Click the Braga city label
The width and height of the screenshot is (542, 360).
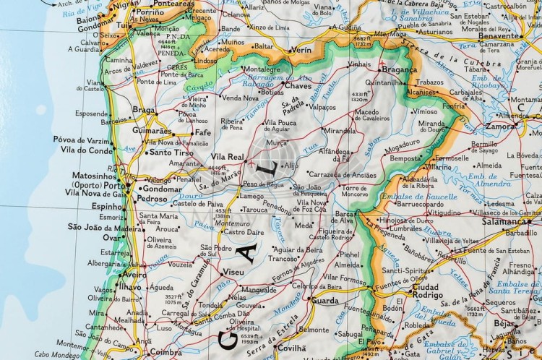[x=144, y=110]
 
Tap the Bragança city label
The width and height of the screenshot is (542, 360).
[x=400, y=70]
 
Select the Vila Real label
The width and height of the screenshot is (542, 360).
[x=227, y=156]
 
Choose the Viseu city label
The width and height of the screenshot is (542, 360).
[x=234, y=272]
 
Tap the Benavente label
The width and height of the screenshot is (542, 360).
[x=499, y=35]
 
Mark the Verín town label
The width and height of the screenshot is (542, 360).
[x=301, y=51]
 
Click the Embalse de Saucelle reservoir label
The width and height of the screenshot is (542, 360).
[x=410, y=197]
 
